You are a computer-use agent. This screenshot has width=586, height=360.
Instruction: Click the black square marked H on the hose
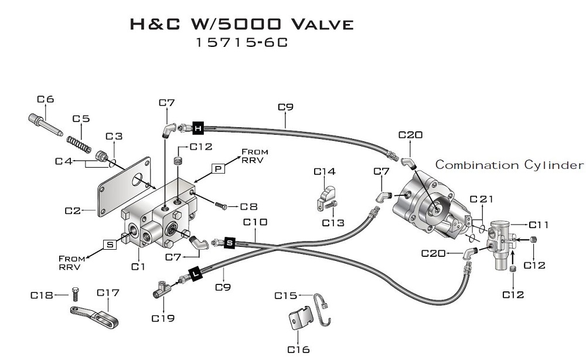198,128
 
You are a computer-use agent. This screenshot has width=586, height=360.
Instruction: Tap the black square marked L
195,274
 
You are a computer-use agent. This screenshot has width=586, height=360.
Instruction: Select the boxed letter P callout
219,169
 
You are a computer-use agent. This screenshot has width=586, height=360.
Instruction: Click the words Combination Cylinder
509,165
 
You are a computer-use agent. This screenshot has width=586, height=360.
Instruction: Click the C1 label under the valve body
138,267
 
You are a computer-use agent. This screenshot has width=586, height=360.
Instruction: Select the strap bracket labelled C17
94,314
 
